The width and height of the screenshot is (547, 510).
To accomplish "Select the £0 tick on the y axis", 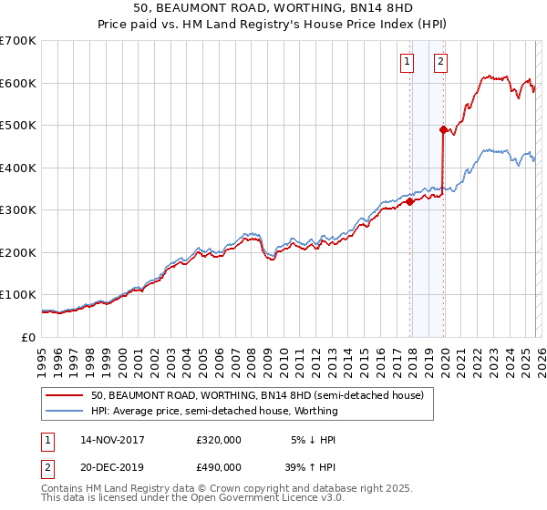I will pyautogui.click(x=28, y=337).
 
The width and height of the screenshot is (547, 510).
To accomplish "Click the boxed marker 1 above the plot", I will pyautogui.click(x=406, y=62).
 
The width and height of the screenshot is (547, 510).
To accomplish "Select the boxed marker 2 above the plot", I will pyautogui.click(x=440, y=62).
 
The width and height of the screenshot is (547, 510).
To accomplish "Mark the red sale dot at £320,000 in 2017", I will pyautogui.click(x=409, y=202).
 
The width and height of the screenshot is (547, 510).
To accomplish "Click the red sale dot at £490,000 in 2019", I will pyautogui.click(x=443, y=130).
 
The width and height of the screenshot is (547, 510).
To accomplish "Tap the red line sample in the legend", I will pyautogui.click(x=63, y=396).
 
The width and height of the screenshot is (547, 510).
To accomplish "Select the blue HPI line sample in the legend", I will pyautogui.click(x=63, y=412).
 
